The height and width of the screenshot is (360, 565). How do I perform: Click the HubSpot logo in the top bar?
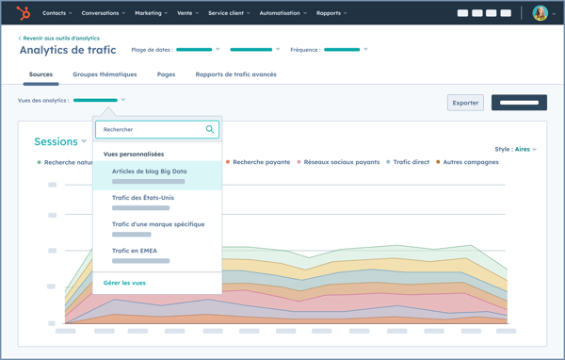point(24,13)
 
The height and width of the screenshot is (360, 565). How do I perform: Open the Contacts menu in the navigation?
point(57,13)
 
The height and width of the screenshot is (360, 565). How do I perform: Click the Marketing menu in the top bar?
point(151,13)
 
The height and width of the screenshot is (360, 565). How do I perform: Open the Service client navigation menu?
point(229,13)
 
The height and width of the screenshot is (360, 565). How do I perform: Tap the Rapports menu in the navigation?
point(331,13)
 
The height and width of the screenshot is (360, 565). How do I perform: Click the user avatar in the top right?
point(540,13)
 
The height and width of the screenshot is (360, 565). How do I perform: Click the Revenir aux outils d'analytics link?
point(59,39)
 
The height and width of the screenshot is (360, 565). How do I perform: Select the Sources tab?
point(40,74)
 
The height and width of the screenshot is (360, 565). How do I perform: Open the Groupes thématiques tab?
point(105,74)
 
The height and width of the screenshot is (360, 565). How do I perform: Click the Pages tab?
point(166,74)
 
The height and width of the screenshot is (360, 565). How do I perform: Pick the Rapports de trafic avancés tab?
point(235,74)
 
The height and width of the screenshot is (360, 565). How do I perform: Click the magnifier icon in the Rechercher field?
point(210,129)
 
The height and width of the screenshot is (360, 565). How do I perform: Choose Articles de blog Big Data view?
point(149,172)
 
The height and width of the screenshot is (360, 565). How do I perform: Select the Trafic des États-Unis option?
point(142,198)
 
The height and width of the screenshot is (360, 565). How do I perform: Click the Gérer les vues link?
point(124,283)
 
